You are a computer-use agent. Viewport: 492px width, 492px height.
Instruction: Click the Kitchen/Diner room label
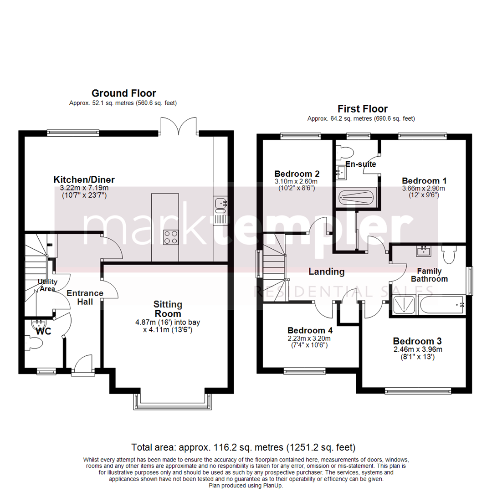[84, 179]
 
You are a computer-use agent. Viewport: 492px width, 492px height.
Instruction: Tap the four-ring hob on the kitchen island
[171, 237]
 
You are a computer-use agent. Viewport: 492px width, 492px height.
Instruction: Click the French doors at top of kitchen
[180, 126]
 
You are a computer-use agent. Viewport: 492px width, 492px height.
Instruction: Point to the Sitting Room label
[168, 309]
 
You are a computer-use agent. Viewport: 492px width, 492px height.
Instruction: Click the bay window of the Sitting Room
[173, 402]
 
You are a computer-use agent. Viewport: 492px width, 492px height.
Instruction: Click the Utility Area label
[47, 285]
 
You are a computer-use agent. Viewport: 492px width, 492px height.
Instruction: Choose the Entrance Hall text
[85, 297]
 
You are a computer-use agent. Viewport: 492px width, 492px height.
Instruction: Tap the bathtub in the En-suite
[356, 197]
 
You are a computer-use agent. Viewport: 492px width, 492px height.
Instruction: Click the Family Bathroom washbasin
[424, 251]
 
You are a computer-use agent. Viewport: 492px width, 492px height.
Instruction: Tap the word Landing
[326, 272]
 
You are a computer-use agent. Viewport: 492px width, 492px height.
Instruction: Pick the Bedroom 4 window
[305, 371]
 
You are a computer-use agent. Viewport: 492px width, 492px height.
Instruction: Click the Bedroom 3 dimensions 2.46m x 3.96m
[418, 350]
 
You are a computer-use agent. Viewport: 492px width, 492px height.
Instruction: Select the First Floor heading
[362, 109]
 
